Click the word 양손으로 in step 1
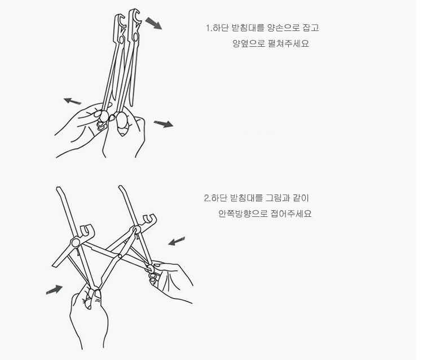284,28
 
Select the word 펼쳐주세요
289,43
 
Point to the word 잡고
311,28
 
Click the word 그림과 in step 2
278,198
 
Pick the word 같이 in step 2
301,198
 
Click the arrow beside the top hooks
154,23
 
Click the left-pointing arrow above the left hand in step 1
72,101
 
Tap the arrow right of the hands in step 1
164,124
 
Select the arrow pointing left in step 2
177,241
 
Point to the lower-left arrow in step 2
54,290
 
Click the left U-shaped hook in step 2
87,232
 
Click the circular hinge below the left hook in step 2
75,242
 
